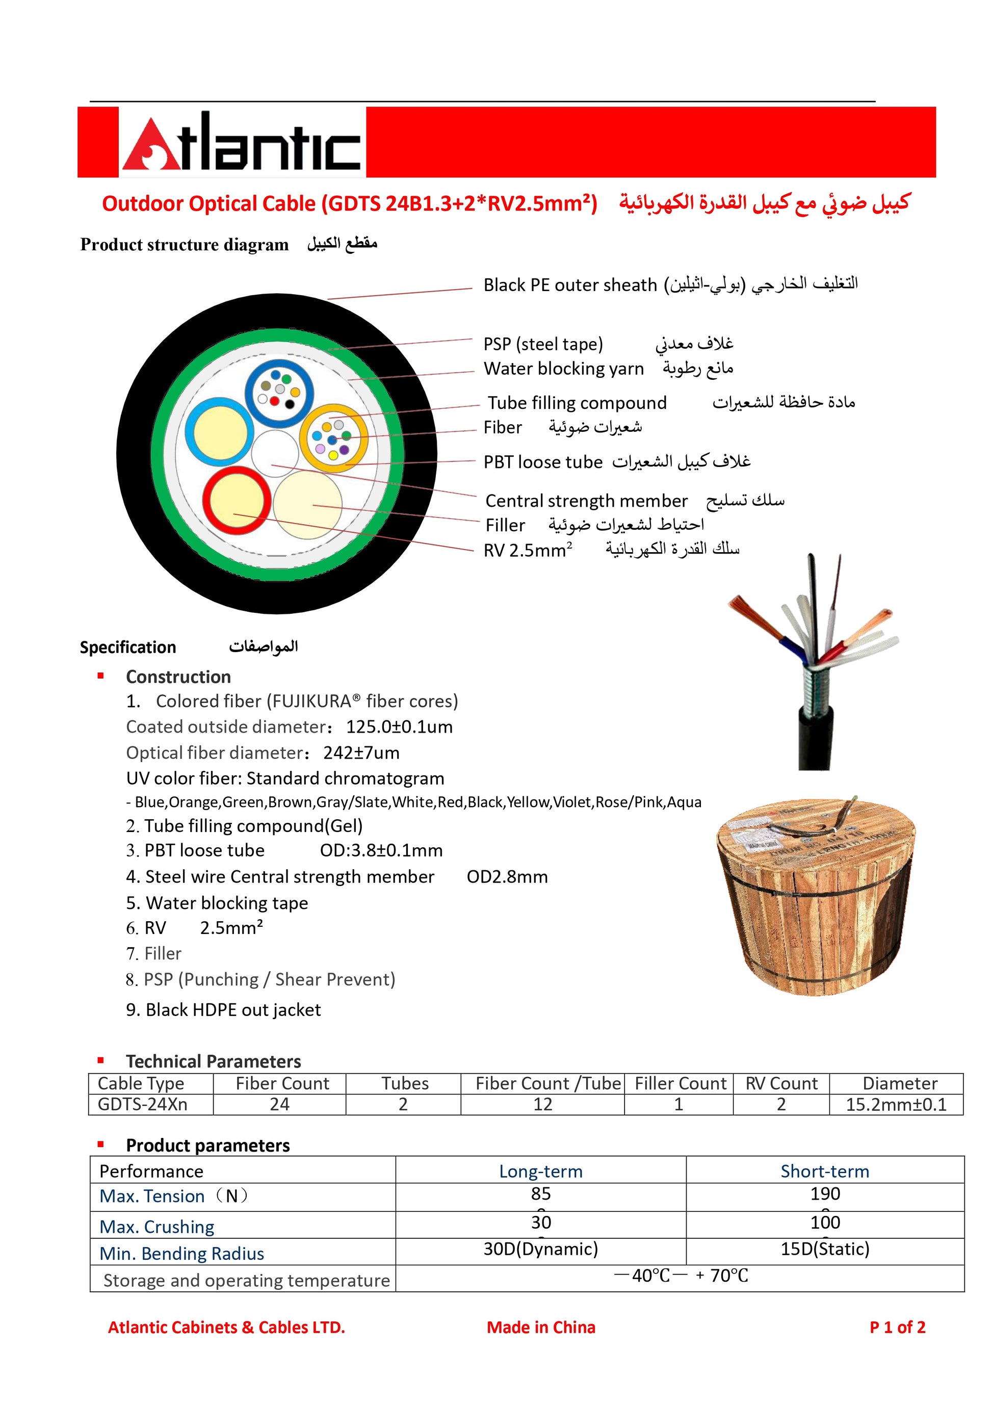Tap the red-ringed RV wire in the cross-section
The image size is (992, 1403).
coord(237,501)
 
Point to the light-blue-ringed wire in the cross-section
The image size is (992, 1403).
coord(219,431)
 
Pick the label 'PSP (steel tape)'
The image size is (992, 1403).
coord(542,344)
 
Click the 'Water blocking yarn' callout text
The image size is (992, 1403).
coord(563,369)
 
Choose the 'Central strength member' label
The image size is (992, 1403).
coord(586,501)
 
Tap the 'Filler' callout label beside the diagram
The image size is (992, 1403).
coord(505,525)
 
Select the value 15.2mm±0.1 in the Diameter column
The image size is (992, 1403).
coord(896,1104)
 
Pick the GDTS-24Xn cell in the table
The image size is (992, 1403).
coord(142,1104)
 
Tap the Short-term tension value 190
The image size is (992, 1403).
coord(825,1193)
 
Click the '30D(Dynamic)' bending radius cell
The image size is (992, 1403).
coord(540,1249)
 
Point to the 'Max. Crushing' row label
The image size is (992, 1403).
coord(157,1227)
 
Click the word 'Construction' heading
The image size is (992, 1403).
coord(178,677)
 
